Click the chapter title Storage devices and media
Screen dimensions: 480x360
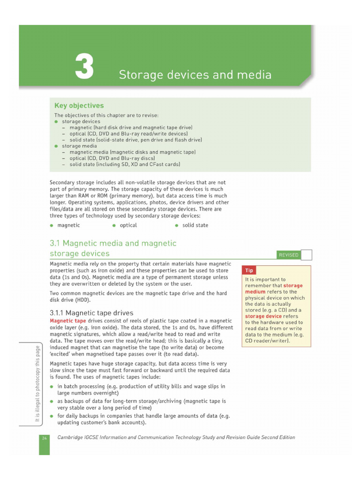click(x=195, y=75)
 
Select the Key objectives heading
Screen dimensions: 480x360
click(x=79, y=106)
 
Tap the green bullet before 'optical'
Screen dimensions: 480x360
click(x=114, y=225)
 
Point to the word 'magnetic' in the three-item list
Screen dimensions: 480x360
click(x=68, y=225)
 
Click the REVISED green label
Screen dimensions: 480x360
click(x=288, y=255)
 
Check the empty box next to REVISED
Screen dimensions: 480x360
click(x=306, y=255)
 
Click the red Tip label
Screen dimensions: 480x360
click(x=249, y=270)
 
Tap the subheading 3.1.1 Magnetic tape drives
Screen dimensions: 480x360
click(x=91, y=313)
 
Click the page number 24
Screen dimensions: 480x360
click(x=44, y=438)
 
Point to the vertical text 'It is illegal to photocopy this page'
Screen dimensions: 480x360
click(x=37, y=384)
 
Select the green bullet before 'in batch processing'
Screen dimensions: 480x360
click(x=52, y=387)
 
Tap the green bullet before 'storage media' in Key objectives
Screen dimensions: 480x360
click(x=56, y=146)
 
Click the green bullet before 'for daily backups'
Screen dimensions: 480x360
click(x=52, y=416)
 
